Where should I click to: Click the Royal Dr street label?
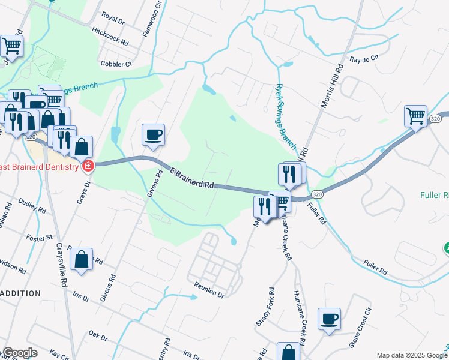(113, 18)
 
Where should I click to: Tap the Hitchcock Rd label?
(110, 37)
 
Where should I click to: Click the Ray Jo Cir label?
(365, 59)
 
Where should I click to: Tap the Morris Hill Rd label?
(332, 87)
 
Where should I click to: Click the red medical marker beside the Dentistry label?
(88, 165)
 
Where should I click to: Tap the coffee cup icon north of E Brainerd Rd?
(153, 134)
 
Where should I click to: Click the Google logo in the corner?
(20, 353)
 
